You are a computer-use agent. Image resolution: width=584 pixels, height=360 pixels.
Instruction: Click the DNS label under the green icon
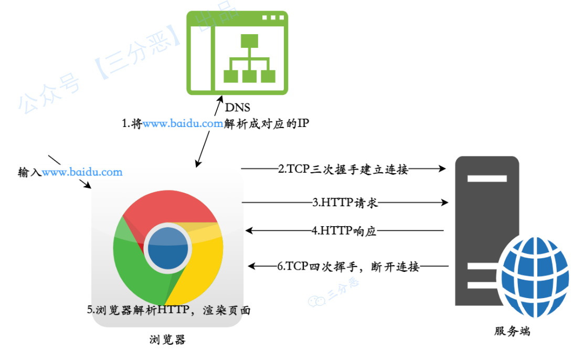(x=237, y=108)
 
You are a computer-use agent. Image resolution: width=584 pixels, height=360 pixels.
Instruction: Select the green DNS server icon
(x=237, y=52)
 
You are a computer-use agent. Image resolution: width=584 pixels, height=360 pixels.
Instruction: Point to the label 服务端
(x=512, y=331)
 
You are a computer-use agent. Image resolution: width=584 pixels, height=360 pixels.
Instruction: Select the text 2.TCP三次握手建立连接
(x=343, y=169)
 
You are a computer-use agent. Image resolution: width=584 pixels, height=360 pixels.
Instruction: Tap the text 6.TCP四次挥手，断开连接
(x=348, y=266)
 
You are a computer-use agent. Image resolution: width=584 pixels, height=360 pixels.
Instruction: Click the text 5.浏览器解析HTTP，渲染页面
(x=168, y=310)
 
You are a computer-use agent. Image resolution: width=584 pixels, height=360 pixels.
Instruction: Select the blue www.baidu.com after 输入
(x=82, y=172)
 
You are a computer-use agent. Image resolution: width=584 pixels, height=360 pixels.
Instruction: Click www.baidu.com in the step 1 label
(x=183, y=124)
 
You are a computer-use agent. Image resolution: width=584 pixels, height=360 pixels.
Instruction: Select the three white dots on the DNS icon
(x=272, y=18)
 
